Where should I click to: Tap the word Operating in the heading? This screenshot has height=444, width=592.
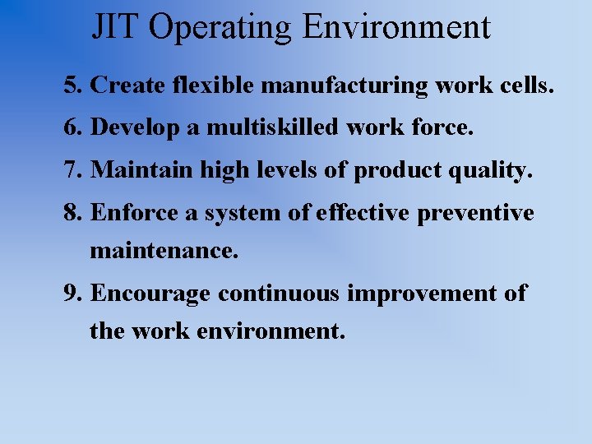pyautogui.click(x=223, y=28)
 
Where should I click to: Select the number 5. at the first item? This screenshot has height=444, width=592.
pyautogui.click(x=75, y=85)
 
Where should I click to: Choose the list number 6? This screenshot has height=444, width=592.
pyautogui.click(x=75, y=127)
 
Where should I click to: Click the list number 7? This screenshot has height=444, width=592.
pyautogui.click(x=75, y=170)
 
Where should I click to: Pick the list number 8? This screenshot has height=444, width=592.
pyautogui.click(x=75, y=213)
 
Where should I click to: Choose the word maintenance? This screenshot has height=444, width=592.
pyautogui.click(x=164, y=250)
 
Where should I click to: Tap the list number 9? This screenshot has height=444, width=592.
pyautogui.click(x=75, y=294)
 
